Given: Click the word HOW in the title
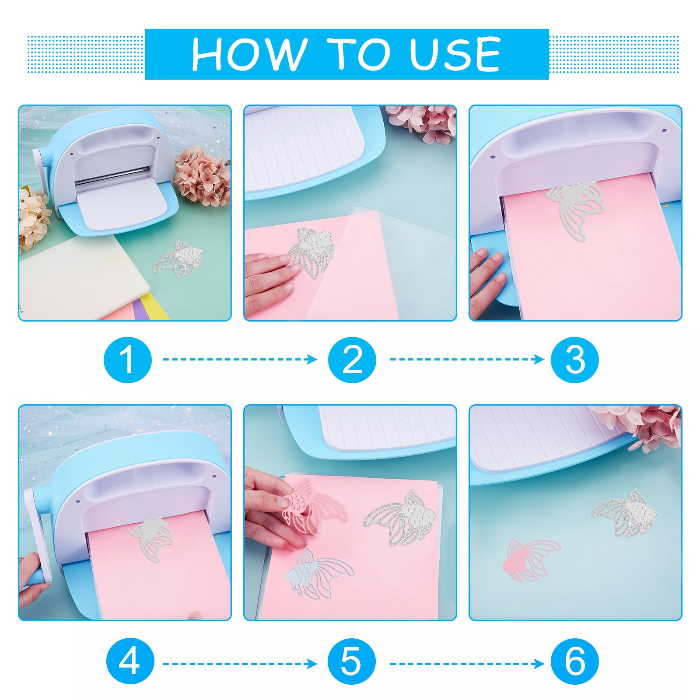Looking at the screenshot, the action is pos(249,54).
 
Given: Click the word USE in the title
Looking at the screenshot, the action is pos(455,54).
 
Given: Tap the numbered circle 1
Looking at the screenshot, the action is pos(128,360).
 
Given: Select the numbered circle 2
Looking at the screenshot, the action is pos(352,360).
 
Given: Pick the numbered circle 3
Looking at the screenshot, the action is pos(574,360).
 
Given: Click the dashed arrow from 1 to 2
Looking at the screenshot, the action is pos(240,360).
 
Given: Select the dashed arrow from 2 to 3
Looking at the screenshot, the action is pos(467,360).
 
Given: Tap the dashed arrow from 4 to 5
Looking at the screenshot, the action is pos(240,664).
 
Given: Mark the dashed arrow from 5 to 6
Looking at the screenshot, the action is pos(467,664).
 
